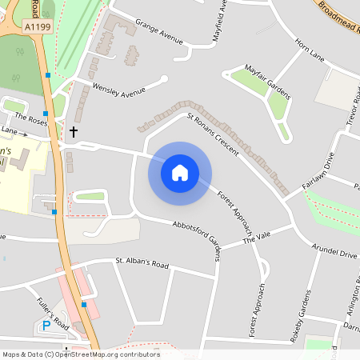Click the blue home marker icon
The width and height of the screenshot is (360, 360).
tap(180, 173)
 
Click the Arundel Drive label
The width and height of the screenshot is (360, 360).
tap(335, 254)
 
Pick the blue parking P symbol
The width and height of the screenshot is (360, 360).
tap(46, 326)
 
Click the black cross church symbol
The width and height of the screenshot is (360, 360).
tap(74, 130)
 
